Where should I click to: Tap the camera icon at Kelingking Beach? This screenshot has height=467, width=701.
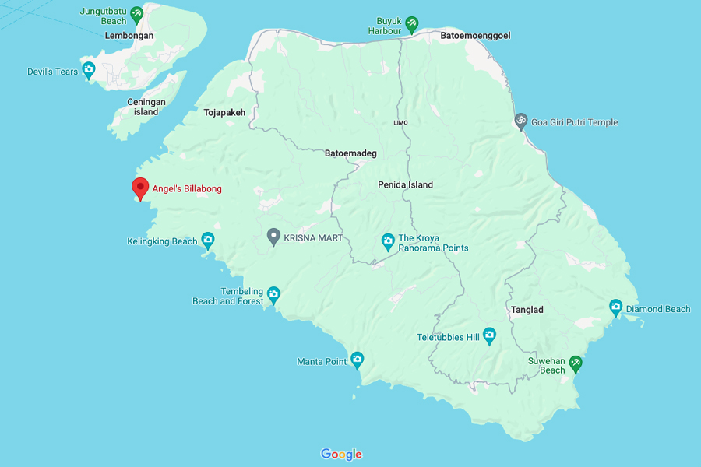tap(207, 240)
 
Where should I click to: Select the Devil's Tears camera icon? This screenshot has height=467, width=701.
tap(89, 71)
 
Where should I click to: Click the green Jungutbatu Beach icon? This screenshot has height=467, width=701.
tap(137, 13)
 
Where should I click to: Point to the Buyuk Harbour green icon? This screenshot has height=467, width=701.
tap(412, 24)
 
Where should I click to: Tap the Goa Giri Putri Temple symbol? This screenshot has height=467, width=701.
tap(520, 121)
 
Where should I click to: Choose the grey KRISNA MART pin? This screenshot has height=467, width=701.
tap(273, 236)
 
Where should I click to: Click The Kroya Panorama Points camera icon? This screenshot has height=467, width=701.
tap(388, 241)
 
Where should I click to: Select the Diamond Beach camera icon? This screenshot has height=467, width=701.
tap(615, 307)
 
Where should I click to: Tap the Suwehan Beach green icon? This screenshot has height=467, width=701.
tap(576, 363)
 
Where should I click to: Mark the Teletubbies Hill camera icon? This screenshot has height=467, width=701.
tap(489, 335)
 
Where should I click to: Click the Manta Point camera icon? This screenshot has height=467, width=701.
tap(357, 359)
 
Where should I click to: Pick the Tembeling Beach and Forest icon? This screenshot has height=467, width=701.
tap(273, 294)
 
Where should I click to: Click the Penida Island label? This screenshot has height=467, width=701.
tap(405, 184)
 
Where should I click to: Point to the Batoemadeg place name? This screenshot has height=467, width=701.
tap(350, 153)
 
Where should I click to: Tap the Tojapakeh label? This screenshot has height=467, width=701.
tap(224, 113)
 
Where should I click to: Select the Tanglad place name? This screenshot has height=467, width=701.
tap(527, 310)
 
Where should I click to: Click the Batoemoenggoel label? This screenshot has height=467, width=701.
tap(475, 36)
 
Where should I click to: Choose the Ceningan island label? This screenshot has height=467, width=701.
tap(146, 107)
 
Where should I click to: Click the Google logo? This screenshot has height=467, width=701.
tap(341, 455)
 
